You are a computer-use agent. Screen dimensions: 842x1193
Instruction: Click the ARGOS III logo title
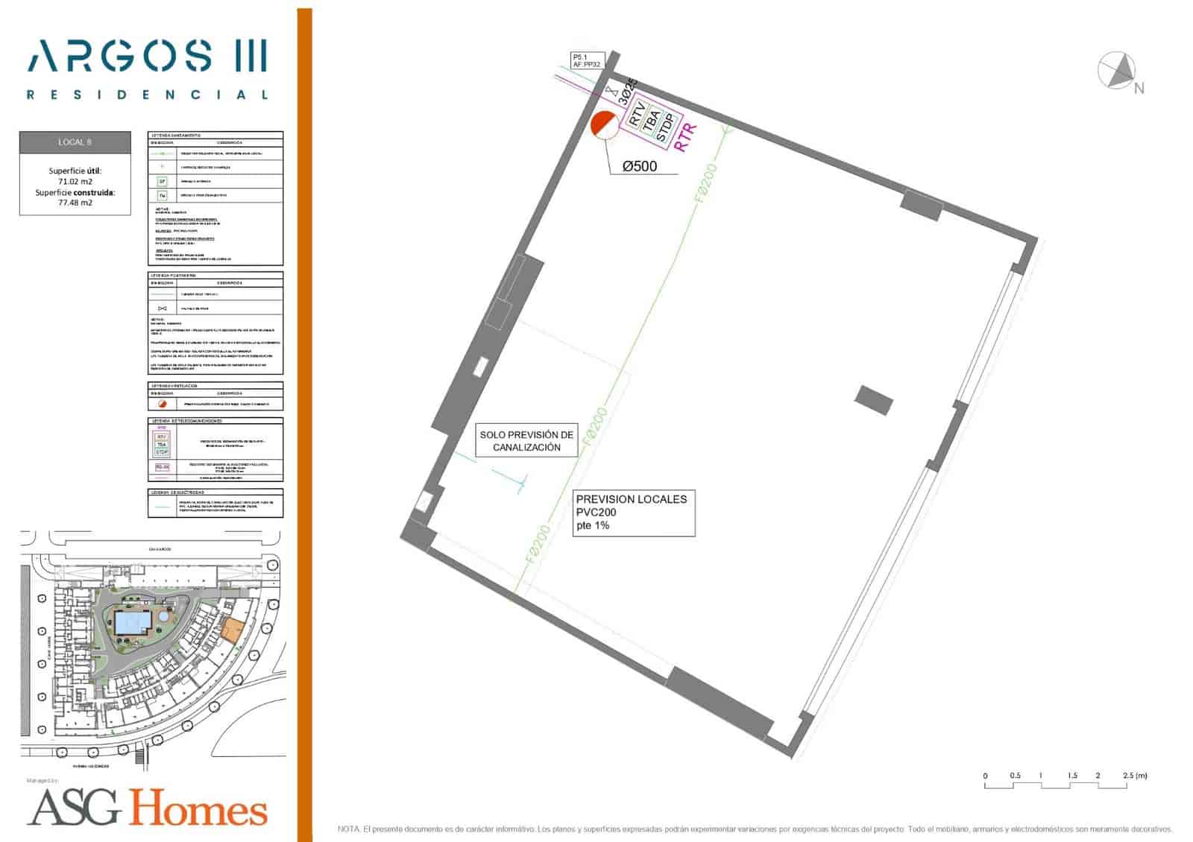point(148,56)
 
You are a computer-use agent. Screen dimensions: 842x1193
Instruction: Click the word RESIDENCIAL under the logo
point(148,95)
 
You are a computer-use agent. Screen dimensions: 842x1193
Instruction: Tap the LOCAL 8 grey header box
point(75,142)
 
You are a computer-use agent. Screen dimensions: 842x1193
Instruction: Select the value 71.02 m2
point(75,181)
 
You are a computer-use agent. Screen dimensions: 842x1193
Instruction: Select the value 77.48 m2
point(75,203)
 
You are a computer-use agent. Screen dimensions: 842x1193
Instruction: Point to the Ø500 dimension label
point(640,166)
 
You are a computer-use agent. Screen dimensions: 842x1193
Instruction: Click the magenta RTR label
point(685,137)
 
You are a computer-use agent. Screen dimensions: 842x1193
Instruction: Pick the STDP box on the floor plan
point(666,127)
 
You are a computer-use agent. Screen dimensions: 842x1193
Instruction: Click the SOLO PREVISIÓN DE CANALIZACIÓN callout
point(526,441)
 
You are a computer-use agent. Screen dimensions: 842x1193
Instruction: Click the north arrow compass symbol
point(1116,72)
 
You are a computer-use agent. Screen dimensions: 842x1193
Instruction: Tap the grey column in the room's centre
point(873,399)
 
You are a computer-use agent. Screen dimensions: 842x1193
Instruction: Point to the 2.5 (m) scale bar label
point(1134,776)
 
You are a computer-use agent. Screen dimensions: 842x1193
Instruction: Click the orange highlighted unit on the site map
point(233,630)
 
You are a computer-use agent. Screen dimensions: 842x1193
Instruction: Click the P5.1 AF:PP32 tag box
point(586,60)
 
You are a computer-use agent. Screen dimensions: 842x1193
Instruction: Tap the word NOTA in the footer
point(348,829)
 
